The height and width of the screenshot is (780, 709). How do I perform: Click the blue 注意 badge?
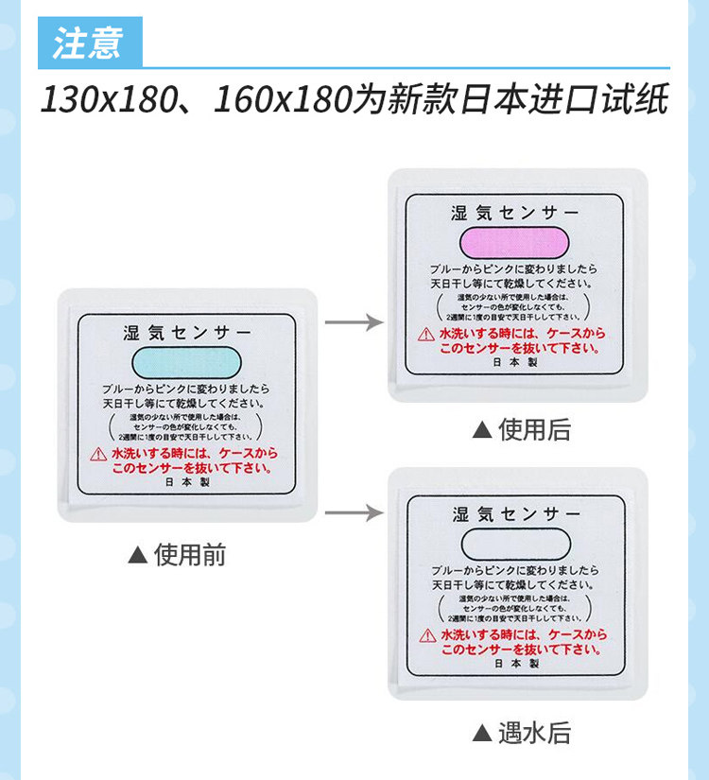pyautogui.click(x=90, y=43)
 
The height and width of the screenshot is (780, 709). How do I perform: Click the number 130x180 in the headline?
pyautogui.click(x=103, y=98)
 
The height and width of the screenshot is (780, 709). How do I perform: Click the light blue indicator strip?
pyautogui.click(x=187, y=362)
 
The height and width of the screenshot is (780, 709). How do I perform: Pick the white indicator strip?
pyautogui.click(x=515, y=543)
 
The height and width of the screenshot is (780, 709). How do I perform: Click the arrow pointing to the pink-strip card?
pyautogui.click(x=354, y=323)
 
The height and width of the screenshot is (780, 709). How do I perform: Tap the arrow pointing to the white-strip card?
pyautogui.click(x=354, y=513)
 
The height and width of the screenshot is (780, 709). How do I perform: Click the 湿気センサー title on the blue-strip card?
pyautogui.click(x=187, y=333)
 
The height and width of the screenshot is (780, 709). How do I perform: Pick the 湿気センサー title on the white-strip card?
pyautogui.click(x=515, y=514)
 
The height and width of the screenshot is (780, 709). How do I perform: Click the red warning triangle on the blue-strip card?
pyautogui.click(x=99, y=455)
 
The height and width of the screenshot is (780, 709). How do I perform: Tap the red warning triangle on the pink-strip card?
pyautogui.click(x=426, y=335)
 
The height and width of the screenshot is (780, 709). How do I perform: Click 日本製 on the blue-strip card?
pyautogui.click(x=187, y=481)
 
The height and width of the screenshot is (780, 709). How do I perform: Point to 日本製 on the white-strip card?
pyautogui.click(x=515, y=664)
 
